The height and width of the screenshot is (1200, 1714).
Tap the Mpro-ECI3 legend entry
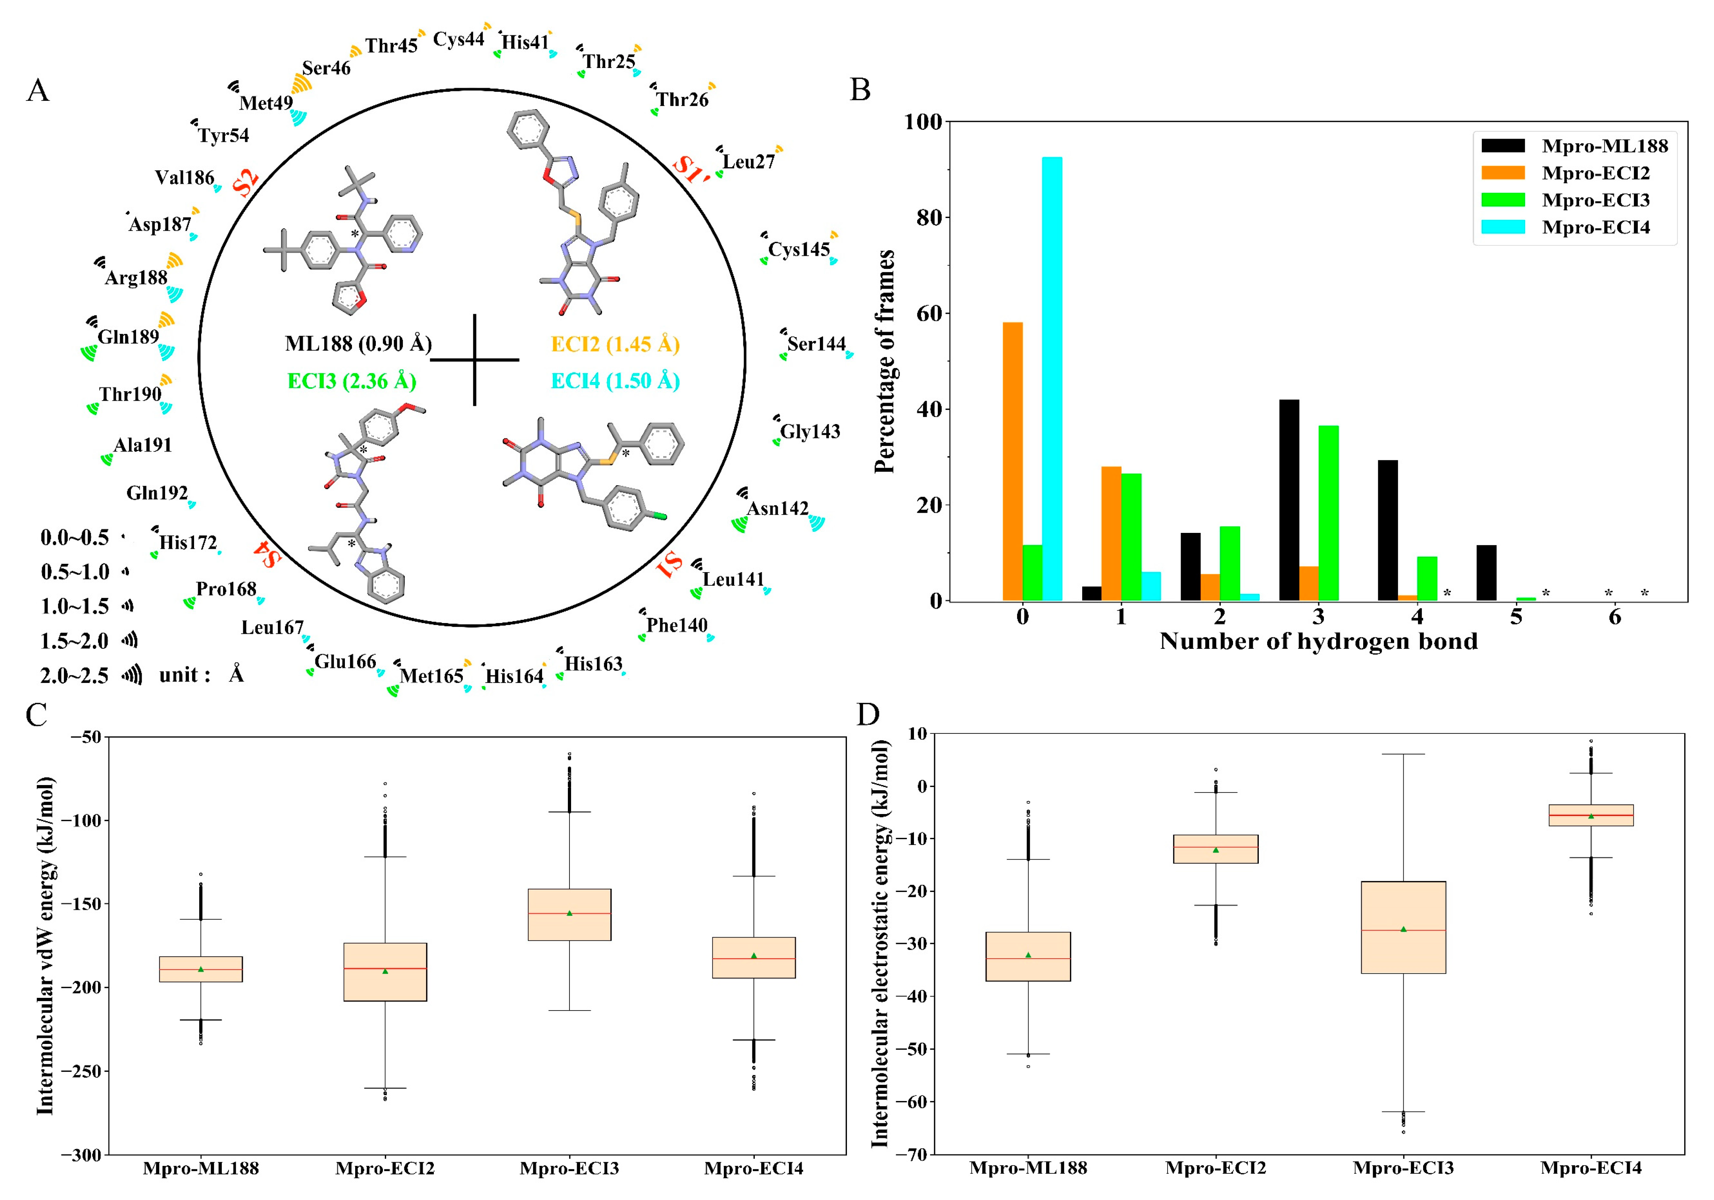[1595, 200]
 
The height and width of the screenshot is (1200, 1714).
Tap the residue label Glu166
[345, 662]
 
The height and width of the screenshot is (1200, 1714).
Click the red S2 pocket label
[246, 181]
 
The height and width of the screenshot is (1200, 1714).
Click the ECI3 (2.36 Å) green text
[352, 382]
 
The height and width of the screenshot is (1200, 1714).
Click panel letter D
[868, 715]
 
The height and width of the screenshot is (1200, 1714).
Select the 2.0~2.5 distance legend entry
[75, 676]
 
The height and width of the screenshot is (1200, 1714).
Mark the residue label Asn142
[777, 509]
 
